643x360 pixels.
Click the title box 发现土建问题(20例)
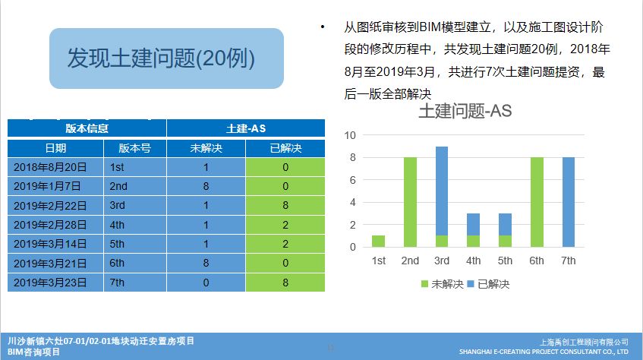[x=165, y=58]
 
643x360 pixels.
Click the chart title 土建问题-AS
[x=465, y=111]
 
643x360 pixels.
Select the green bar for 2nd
[x=410, y=202]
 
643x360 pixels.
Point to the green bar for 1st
[x=378, y=241]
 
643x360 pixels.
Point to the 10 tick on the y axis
[x=351, y=135]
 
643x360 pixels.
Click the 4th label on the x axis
[x=474, y=261]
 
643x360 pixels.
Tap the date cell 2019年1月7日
[x=49, y=186]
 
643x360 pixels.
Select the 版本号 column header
[x=134, y=148]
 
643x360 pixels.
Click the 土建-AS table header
[x=245, y=128]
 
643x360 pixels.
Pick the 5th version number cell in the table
[x=134, y=244]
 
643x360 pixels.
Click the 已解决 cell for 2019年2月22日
[x=285, y=205]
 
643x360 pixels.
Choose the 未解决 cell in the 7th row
[x=206, y=283]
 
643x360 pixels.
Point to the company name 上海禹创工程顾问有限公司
[x=582, y=343]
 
